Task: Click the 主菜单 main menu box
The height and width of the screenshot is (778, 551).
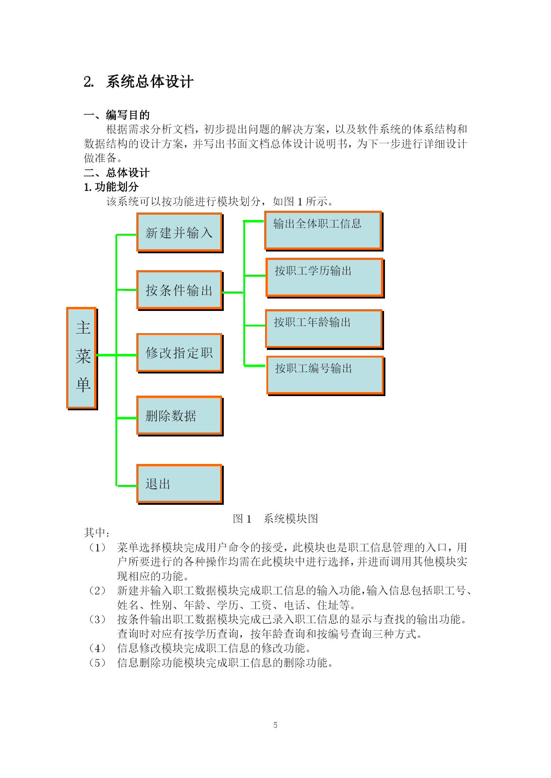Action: pyautogui.click(x=82, y=358)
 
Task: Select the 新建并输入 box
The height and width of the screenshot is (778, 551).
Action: pyautogui.click(x=180, y=233)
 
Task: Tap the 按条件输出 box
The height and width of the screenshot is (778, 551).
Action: pyautogui.click(x=180, y=291)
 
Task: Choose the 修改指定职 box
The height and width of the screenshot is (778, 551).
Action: pyautogui.click(x=180, y=353)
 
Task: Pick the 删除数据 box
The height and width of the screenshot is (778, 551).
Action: pyautogui.click(x=180, y=416)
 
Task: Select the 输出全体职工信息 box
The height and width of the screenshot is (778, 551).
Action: pyautogui.click(x=324, y=231)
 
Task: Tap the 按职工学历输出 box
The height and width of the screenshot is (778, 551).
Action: pyautogui.click(x=325, y=278)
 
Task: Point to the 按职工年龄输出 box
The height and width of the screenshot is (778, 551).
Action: pyautogui.click(x=325, y=329)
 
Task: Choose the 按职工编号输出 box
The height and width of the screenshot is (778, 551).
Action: pyautogui.click(x=326, y=375)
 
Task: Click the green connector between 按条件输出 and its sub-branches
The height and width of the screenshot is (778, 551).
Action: pyautogui.click(x=233, y=292)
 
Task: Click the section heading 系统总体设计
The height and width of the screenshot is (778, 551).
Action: pyautogui.click(x=150, y=82)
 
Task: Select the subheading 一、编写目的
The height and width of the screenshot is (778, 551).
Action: pyautogui.click(x=117, y=115)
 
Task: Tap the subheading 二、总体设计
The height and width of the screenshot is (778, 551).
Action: pyautogui.click(x=117, y=173)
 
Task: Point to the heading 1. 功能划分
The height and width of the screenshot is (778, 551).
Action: pyautogui.click(x=111, y=187)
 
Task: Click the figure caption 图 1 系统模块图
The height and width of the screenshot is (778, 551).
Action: pyautogui.click(x=276, y=519)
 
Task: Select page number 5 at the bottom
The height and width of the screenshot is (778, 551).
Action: pyautogui.click(x=275, y=725)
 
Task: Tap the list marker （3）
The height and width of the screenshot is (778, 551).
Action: pyautogui.click(x=97, y=620)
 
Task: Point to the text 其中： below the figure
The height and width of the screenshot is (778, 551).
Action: pyautogui.click(x=97, y=533)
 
